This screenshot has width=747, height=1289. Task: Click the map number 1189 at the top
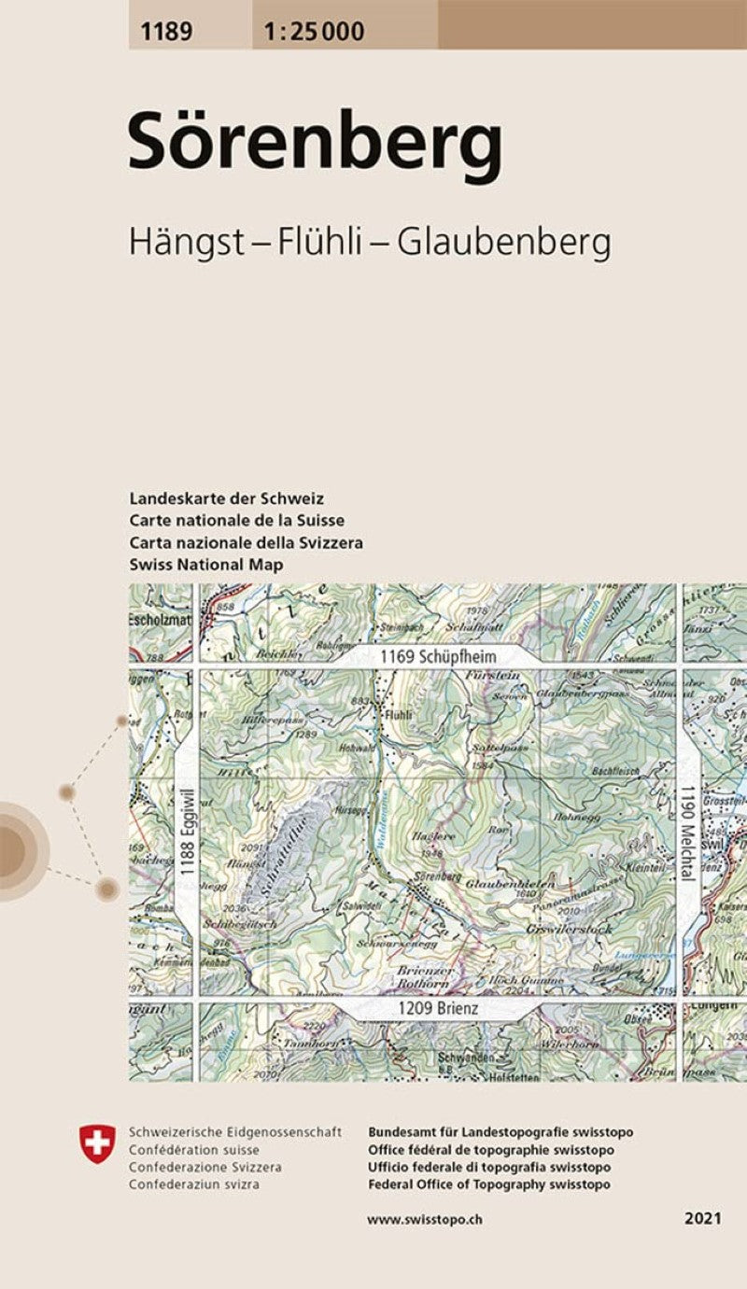coord(167,33)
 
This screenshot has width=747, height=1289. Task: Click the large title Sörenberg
coord(315,142)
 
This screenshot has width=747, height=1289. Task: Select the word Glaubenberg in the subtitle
coord(504,243)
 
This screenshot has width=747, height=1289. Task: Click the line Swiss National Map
coord(206,565)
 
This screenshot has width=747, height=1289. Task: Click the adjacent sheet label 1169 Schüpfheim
coord(437,657)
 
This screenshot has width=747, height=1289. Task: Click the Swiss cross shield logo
coord(98,1144)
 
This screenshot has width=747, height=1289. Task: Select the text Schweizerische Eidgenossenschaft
coord(235,1132)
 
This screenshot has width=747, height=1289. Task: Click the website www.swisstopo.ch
coord(425,1219)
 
